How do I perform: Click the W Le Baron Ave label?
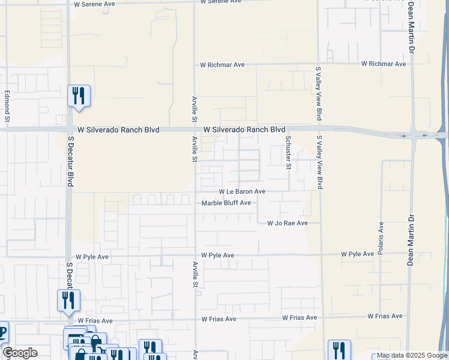coord(241,191)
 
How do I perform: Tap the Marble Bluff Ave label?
coord(226,203)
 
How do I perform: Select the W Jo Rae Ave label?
coord(287,223)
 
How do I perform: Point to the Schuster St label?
coord(288,152)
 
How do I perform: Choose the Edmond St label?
coord(8,103)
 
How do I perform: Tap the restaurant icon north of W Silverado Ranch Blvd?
coord(79,95)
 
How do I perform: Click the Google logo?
coord(19,353)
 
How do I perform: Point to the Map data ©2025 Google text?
coord(411,356)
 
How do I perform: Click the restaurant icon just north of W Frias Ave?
coord(68,300)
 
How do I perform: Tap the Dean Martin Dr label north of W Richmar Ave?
coord(411,26)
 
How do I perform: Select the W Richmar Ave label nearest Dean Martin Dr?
coord(385,63)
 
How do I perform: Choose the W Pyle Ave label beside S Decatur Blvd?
coord(89,256)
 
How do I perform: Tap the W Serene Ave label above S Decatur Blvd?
coord(94,4)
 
